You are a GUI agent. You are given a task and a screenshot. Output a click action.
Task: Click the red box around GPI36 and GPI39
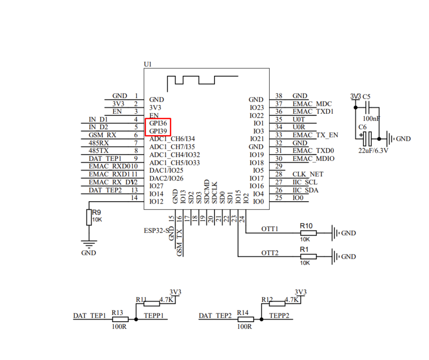click(x=158, y=127)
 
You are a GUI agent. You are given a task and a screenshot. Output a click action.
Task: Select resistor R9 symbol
click(x=89, y=217)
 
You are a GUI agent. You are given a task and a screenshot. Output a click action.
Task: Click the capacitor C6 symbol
click(x=367, y=139)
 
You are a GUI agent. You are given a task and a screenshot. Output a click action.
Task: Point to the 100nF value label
click(x=372, y=118)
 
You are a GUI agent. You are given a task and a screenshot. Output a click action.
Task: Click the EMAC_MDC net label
click(x=312, y=104)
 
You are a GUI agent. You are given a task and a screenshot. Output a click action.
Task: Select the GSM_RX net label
click(x=102, y=135)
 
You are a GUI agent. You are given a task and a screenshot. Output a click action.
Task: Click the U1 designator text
click(x=148, y=64)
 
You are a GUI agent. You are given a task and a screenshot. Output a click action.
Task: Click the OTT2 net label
click(x=270, y=252)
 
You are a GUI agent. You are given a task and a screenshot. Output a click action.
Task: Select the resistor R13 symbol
click(x=120, y=319)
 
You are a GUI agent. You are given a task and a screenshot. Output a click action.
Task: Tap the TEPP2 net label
click(x=279, y=316)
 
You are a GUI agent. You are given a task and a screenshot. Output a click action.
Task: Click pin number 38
click(x=279, y=96)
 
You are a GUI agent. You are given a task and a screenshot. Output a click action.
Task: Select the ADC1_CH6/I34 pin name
click(x=172, y=139)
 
